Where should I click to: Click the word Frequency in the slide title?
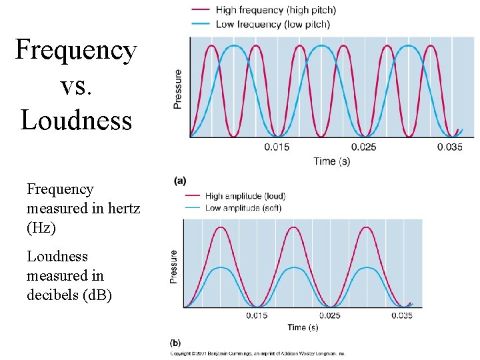(x=75, y=50)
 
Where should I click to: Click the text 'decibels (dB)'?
(x=69, y=294)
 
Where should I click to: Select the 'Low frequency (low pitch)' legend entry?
(x=273, y=24)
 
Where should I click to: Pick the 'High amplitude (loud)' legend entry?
(x=245, y=196)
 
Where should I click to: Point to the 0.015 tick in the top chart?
(x=276, y=147)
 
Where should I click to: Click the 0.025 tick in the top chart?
(x=363, y=147)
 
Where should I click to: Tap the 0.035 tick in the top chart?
(x=450, y=147)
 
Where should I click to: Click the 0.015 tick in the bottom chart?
(x=257, y=315)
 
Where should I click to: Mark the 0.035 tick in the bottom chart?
(x=401, y=315)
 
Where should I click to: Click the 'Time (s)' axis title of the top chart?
(x=332, y=161)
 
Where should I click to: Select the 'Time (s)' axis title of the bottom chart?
(x=303, y=327)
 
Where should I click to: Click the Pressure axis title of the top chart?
(x=178, y=89)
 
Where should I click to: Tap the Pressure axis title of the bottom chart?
(x=174, y=267)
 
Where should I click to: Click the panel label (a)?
(x=180, y=180)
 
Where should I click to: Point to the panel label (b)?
(x=175, y=343)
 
